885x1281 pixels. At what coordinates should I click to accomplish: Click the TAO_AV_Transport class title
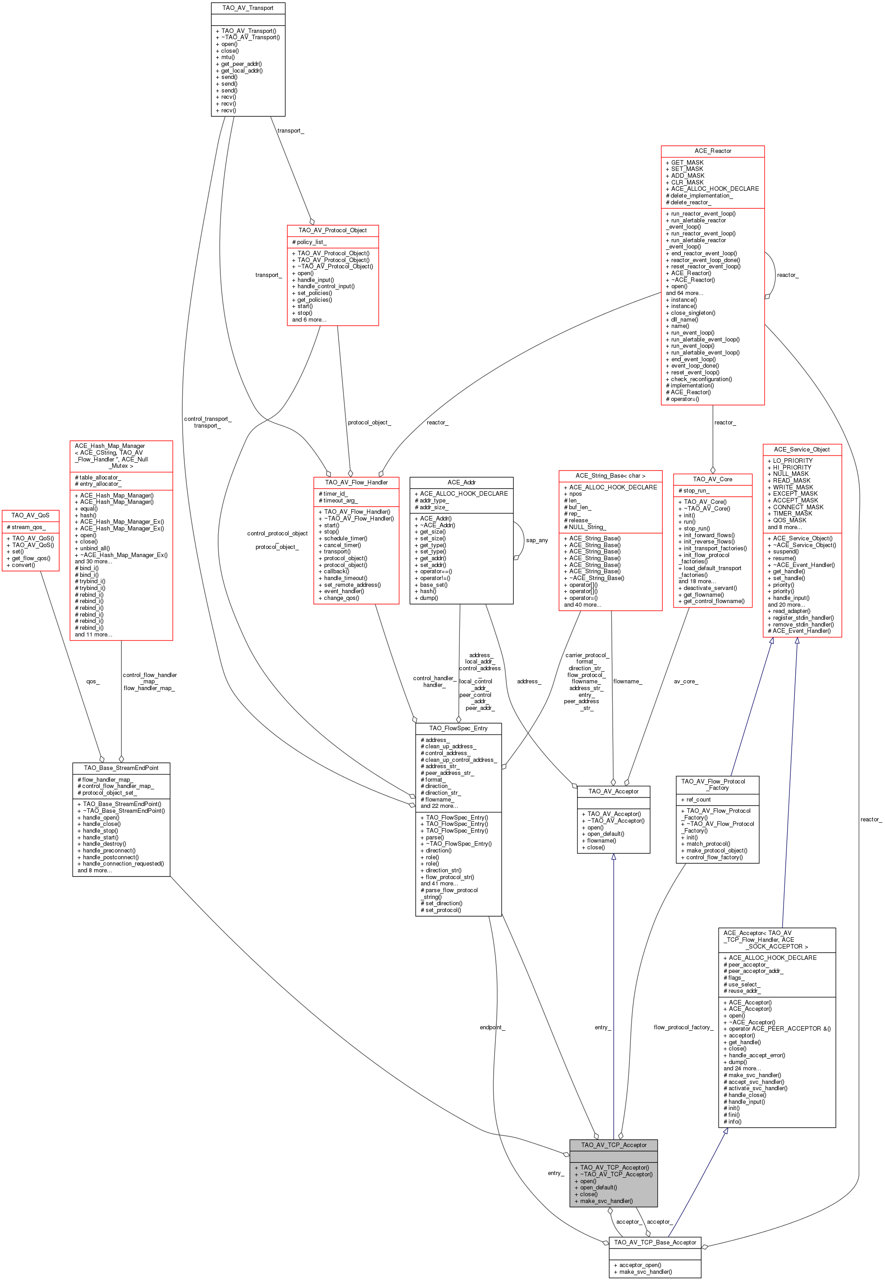pos(248,8)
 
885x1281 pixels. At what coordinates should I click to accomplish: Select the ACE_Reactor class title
pos(712,151)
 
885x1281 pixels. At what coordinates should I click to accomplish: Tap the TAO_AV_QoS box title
pos(31,516)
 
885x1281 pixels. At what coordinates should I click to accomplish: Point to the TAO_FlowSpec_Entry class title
pos(458,728)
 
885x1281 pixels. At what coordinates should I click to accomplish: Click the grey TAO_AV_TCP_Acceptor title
pos(613,1144)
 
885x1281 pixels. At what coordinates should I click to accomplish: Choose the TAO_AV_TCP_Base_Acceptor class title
pos(655,1242)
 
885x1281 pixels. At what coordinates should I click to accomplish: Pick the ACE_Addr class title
pos(461,482)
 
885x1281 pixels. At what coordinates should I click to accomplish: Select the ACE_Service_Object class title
pos(802,449)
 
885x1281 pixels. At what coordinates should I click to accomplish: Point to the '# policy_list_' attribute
pos(309,242)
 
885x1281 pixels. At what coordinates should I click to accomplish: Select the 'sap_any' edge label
pos(537,540)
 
